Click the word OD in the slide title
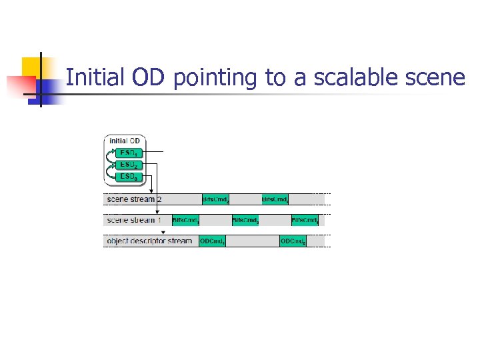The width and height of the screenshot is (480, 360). [149, 78]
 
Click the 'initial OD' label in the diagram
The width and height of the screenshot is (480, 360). [125, 141]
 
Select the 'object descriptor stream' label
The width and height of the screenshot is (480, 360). [149, 241]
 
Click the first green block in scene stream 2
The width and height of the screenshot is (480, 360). [217, 199]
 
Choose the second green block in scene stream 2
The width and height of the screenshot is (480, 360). [275, 199]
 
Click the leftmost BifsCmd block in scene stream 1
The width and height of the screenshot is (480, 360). [186, 220]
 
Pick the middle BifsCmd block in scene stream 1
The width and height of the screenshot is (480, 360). [245, 220]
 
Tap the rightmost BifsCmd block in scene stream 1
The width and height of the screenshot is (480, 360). [305, 220]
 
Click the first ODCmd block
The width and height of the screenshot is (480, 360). [213, 241]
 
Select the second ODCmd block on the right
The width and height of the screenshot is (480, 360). [293, 241]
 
